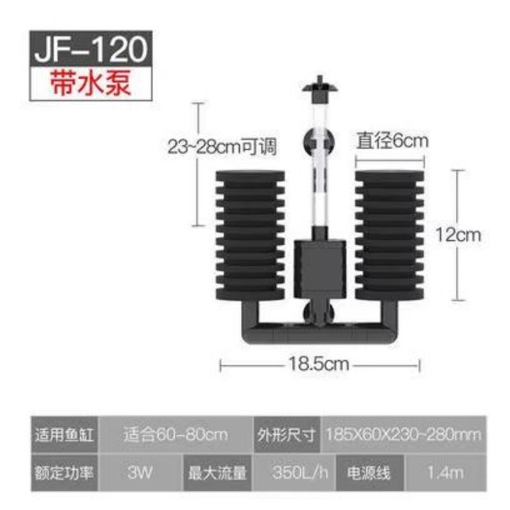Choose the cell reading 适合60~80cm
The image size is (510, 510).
(x=175, y=435)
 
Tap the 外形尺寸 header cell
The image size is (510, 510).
(x=287, y=435)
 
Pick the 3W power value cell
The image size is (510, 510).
(x=140, y=472)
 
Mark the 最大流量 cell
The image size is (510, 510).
(x=217, y=472)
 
